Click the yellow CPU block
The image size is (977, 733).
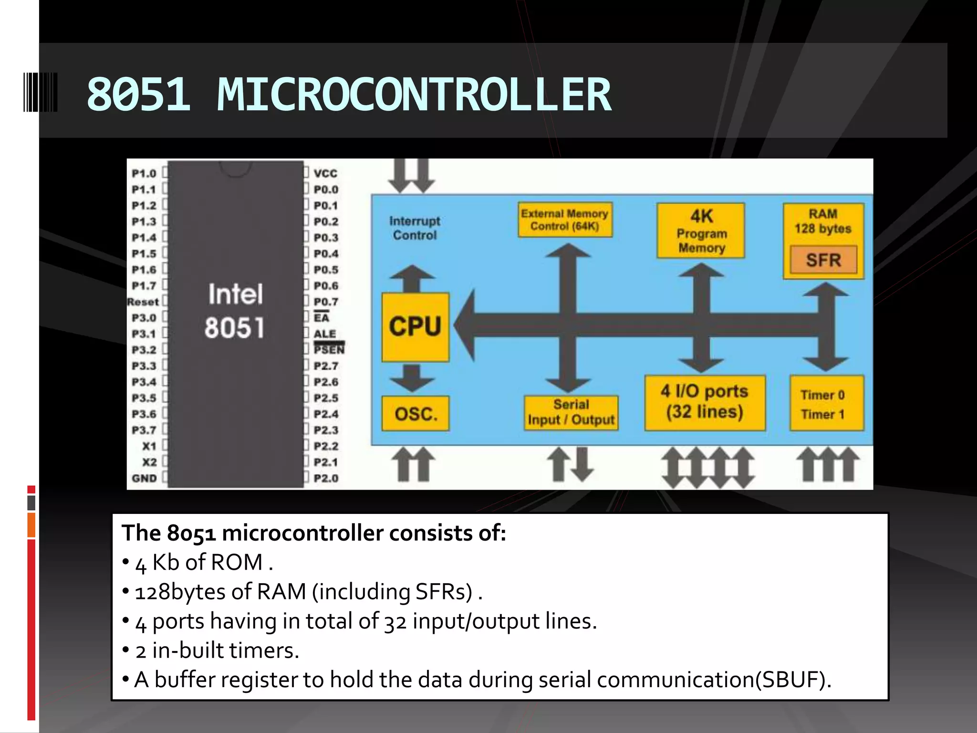click(415, 327)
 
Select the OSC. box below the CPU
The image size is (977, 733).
click(416, 413)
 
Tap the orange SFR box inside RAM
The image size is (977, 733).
click(823, 260)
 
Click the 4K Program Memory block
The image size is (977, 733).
click(701, 231)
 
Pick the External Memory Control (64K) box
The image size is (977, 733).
click(565, 220)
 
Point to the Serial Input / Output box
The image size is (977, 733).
click(571, 412)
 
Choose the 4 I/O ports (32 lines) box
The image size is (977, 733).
click(705, 402)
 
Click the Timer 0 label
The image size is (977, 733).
click(822, 395)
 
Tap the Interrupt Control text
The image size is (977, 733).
click(415, 228)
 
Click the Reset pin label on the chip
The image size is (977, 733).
click(143, 302)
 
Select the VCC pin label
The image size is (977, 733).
click(325, 174)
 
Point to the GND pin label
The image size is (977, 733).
click(144, 478)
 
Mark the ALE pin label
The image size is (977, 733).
click(325, 334)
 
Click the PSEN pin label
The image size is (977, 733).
click(329, 349)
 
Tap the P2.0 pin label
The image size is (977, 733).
click(326, 478)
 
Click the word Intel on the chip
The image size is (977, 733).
click(235, 294)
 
